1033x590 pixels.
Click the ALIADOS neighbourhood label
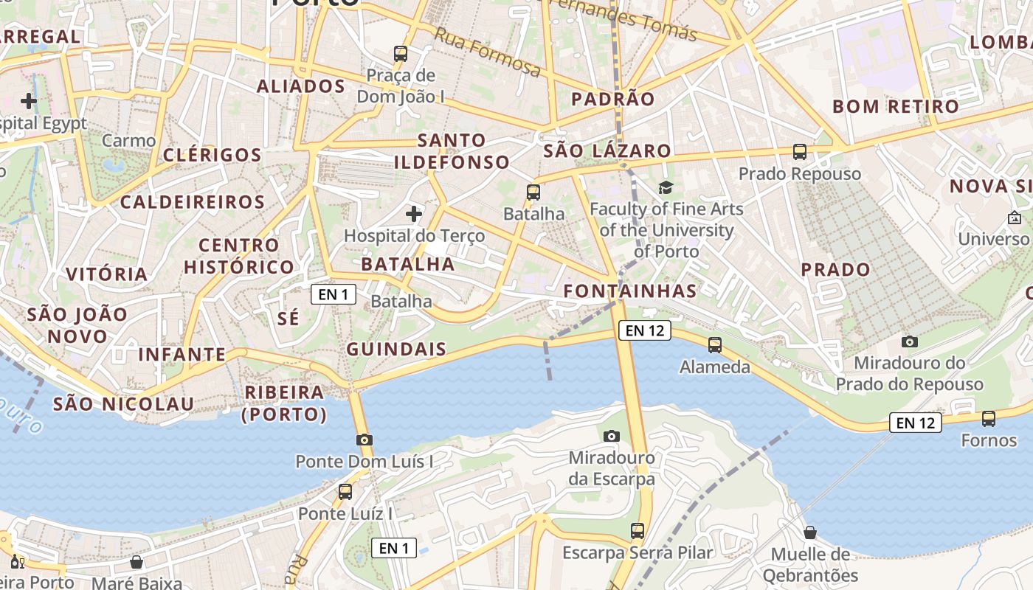point(300,86)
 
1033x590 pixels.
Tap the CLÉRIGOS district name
point(213,155)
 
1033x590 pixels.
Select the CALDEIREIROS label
point(192,201)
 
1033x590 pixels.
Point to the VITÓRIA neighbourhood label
point(107,274)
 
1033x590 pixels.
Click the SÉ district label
point(289,319)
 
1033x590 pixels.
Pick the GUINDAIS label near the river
point(396,350)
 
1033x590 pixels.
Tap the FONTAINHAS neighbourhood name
point(630,291)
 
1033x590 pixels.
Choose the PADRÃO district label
point(613,99)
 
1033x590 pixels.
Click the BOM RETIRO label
point(896,106)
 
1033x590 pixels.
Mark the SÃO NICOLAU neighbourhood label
point(123,404)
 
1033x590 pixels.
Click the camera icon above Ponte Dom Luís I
point(364,440)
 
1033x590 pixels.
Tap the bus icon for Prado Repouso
point(800,152)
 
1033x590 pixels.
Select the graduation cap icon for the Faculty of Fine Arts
point(666,188)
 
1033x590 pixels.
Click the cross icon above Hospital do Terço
point(414,214)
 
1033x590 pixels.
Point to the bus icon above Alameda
point(714,344)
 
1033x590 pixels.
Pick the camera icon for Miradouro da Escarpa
point(611,436)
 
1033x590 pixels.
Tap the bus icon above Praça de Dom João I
point(401,53)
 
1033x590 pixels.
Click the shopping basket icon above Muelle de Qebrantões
point(810,532)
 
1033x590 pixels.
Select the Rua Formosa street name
point(487,52)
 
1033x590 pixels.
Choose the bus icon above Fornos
point(989,419)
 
